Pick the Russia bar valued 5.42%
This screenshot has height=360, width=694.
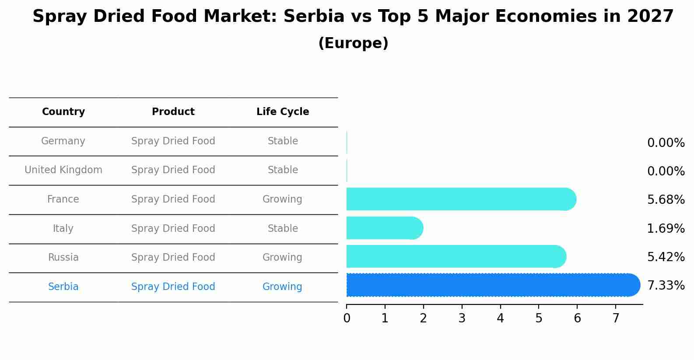tap(456, 257)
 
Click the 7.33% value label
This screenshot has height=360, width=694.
tap(666, 286)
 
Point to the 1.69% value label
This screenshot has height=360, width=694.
tap(666, 228)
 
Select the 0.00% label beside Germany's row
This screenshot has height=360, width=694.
tap(666, 143)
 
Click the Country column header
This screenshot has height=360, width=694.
tap(63, 112)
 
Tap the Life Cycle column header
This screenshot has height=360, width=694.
tap(283, 112)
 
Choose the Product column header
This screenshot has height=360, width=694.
tap(173, 112)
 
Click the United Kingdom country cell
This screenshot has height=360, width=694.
tap(63, 170)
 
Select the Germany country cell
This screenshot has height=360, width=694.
tap(63, 141)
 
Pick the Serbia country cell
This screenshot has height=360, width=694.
tap(63, 287)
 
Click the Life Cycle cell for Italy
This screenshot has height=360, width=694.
tap(283, 229)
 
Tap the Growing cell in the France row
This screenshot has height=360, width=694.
tap(282, 199)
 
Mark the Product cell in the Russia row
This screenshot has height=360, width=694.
tap(173, 258)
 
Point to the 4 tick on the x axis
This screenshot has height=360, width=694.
tap(500, 318)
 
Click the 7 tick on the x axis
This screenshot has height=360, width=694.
tap(616, 318)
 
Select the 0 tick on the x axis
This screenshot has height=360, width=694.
tap(347, 318)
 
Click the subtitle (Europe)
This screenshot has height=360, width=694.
tap(353, 43)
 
